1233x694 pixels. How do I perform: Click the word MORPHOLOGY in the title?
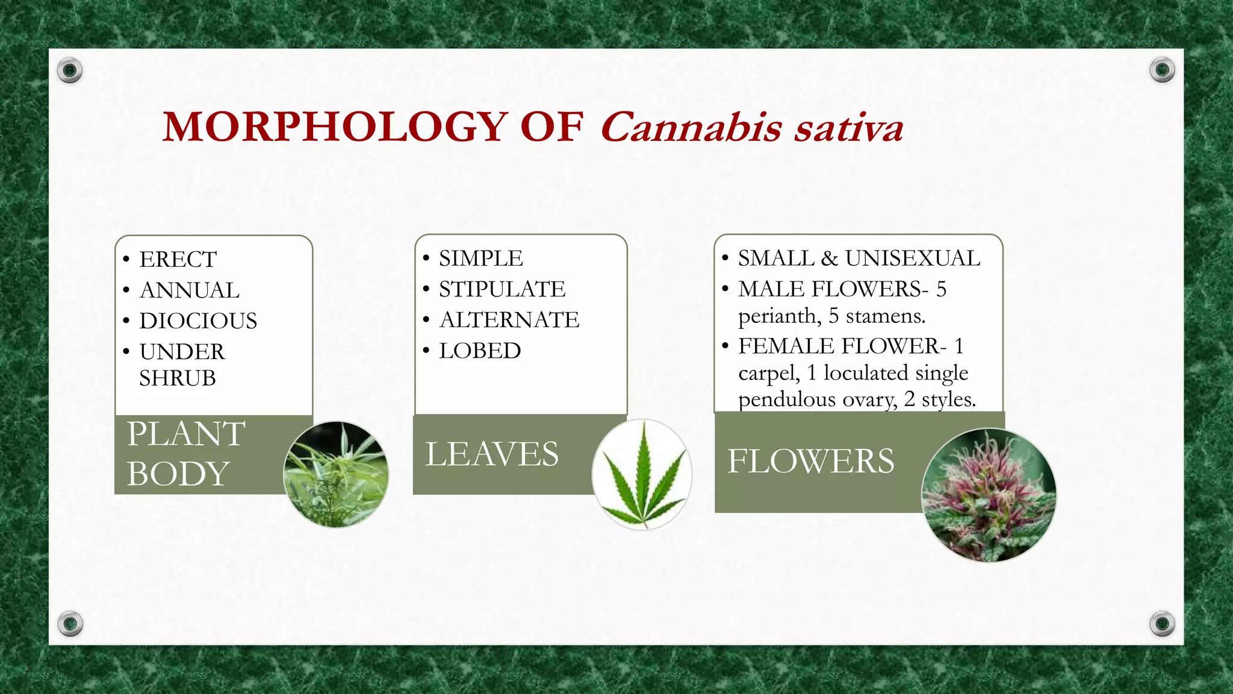click(x=335, y=127)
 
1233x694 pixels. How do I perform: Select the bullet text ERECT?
click(x=178, y=260)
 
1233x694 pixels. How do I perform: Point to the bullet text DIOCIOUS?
click(x=198, y=321)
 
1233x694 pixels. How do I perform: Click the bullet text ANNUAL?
click(x=190, y=290)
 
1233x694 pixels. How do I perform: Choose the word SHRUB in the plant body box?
click(x=178, y=378)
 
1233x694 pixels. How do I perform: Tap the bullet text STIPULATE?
click(x=502, y=289)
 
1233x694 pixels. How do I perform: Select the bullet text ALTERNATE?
click(x=509, y=320)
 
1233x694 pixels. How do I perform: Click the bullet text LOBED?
click(x=480, y=351)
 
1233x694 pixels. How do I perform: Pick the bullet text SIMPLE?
click(x=481, y=258)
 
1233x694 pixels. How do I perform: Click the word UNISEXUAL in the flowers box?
click(x=912, y=258)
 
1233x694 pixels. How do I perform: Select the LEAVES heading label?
click(x=492, y=454)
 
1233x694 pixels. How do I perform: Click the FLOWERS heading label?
click(x=810, y=461)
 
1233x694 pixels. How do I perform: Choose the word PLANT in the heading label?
click(x=186, y=434)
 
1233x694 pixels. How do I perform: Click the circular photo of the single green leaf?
click(x=642, y=475)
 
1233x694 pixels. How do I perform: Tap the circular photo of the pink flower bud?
click(x=989, y=495)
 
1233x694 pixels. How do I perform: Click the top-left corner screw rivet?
click(x=70, y=70)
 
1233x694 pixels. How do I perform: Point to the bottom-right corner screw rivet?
click(x=1162, y=623)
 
